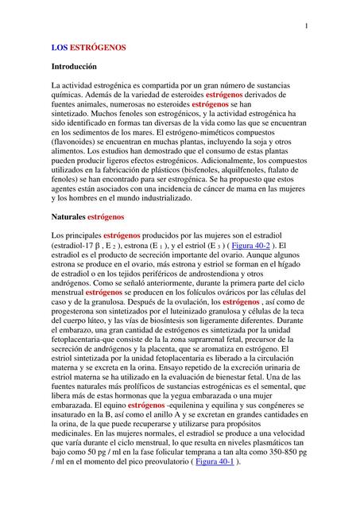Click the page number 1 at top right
(306, 28)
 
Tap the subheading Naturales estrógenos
(87, 216)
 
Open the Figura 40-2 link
(249, 247)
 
